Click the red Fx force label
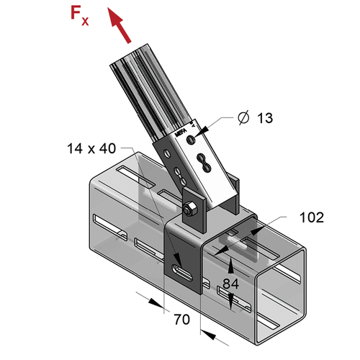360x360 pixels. click(x=80, y=16)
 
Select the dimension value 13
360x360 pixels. click(x=265, y=118)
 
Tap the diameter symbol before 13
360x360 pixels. click(x=243, y=118)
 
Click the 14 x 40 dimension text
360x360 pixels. click(x=91, y=148)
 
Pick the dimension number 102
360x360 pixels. click(x=312, y=217)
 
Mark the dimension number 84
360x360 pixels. click(x=230, y=284)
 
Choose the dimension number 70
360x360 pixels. click(x=181, y=320)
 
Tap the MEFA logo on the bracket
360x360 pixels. click(x=179, y=132)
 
